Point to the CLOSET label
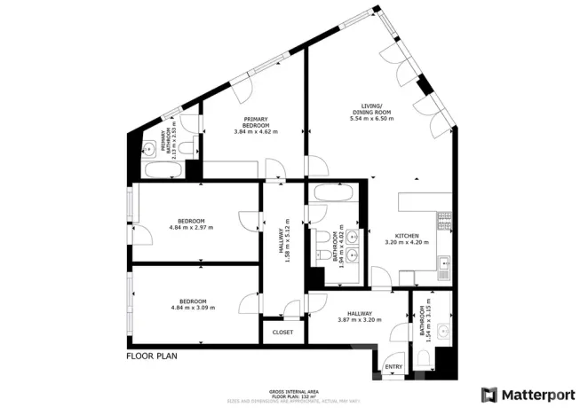pos(282,333)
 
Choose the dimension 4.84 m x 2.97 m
pos(191,228)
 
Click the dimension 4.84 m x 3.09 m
pos(191,309)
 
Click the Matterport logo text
pos(538,393)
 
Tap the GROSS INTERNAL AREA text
pos(293,391)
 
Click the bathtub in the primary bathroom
pos(163,169)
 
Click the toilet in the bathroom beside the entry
pos(425,357)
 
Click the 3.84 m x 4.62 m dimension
pos(261,130)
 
